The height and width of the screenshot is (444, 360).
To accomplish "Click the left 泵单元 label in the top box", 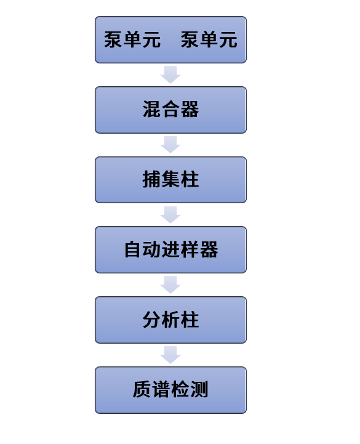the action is tap(132, 39).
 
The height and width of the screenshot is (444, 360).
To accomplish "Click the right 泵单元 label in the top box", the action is tap(209, 39).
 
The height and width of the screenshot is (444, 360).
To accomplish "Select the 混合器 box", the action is tap(170, 110).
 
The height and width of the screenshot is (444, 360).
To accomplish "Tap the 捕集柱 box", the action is tap(170, 180).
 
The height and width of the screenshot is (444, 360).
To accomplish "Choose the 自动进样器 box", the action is tap(170, 250).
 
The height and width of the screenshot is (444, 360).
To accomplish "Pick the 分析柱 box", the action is tap(170, 320).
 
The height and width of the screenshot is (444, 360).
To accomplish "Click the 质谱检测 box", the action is tap(170, 390).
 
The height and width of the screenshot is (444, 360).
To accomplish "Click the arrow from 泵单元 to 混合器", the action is tap(170, 75).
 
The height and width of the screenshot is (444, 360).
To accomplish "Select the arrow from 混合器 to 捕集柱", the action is tap(170, 145).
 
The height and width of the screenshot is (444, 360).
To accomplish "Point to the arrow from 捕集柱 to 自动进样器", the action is tap(170, 215).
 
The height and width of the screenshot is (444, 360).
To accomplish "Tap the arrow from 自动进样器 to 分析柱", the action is tap(170, 285).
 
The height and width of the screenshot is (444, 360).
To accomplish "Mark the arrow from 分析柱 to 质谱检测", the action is tap(170, 355).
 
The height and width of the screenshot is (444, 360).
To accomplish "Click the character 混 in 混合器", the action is tap(152, 109).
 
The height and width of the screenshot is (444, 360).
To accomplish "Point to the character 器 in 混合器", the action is tap(190, 109).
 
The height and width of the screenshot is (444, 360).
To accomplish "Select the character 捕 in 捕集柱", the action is tap(152, 179).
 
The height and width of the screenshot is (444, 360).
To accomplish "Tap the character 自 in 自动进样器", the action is tap(133, 249).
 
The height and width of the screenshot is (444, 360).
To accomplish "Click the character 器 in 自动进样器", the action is tap(209, 249).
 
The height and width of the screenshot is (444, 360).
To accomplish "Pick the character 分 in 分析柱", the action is tap(152, 320).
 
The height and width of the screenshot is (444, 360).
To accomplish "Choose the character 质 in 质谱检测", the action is tap(142, 389).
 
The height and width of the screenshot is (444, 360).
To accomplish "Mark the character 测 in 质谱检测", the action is tap(199, 389).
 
